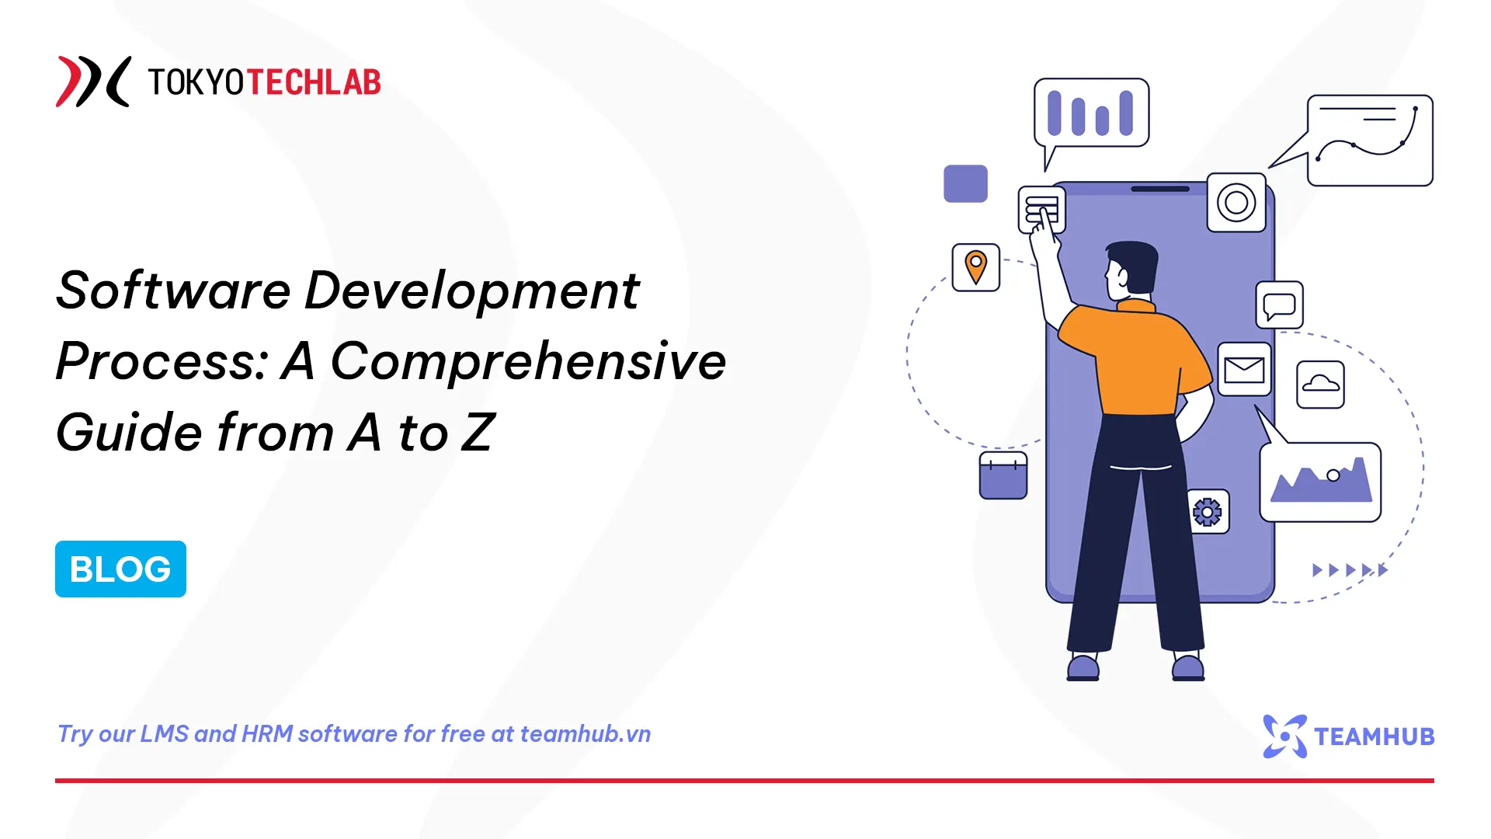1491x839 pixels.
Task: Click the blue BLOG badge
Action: click(x=120, y=569)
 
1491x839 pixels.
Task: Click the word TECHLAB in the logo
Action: click(x=314, y=82)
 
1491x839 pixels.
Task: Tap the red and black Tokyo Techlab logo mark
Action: click(x=92, y=82)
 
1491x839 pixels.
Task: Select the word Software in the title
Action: click(x=173, y=291)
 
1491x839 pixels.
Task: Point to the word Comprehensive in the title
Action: click(x=528, y=361)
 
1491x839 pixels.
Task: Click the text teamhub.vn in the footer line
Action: click(x=585, y=734)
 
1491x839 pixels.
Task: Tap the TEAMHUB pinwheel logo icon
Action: click(x=1284, y=736)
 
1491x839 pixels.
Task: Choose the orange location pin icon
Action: click(x=975, y=267)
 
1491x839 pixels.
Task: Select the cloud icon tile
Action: click(x=1320, y=385)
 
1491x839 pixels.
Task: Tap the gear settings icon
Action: click(x=1208, y=512)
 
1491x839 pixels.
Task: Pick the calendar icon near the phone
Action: click(x=1003, y=475)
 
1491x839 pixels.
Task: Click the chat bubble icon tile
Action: click(x=1279, y=305)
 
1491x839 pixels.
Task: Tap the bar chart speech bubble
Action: click(x=1091, y=113)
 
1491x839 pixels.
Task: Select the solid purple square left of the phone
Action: click(x=965, y=183)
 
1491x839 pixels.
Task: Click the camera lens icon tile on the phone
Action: click(x=1236, y=203)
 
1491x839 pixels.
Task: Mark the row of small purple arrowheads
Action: click(x=1350, y=570)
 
